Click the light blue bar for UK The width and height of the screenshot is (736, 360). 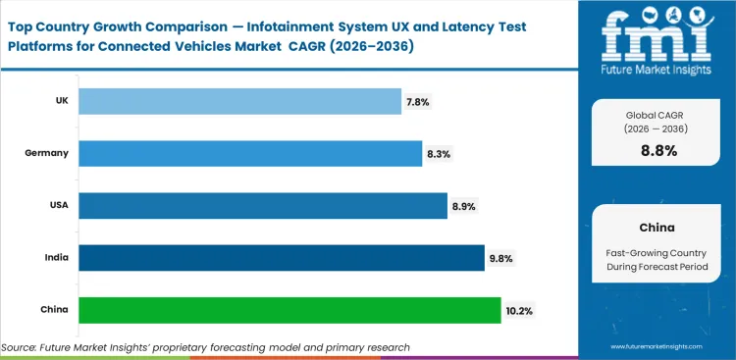click(x=239, y=101)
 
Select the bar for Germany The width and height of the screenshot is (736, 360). click(x=250, y=153)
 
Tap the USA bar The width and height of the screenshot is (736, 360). click(x=262, y=205)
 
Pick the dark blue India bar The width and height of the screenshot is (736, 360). click(x=281, y=258)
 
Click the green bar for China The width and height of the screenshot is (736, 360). click(x=289, y=310)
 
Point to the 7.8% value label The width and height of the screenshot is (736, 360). click(x=419, y=101)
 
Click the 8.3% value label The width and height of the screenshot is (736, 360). click(x=440, y=153)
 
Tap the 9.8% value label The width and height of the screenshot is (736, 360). click(x=501, y=258)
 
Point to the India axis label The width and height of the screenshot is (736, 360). click(x=57, y=258)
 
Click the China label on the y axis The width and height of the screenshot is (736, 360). click(x=55, y=310)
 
